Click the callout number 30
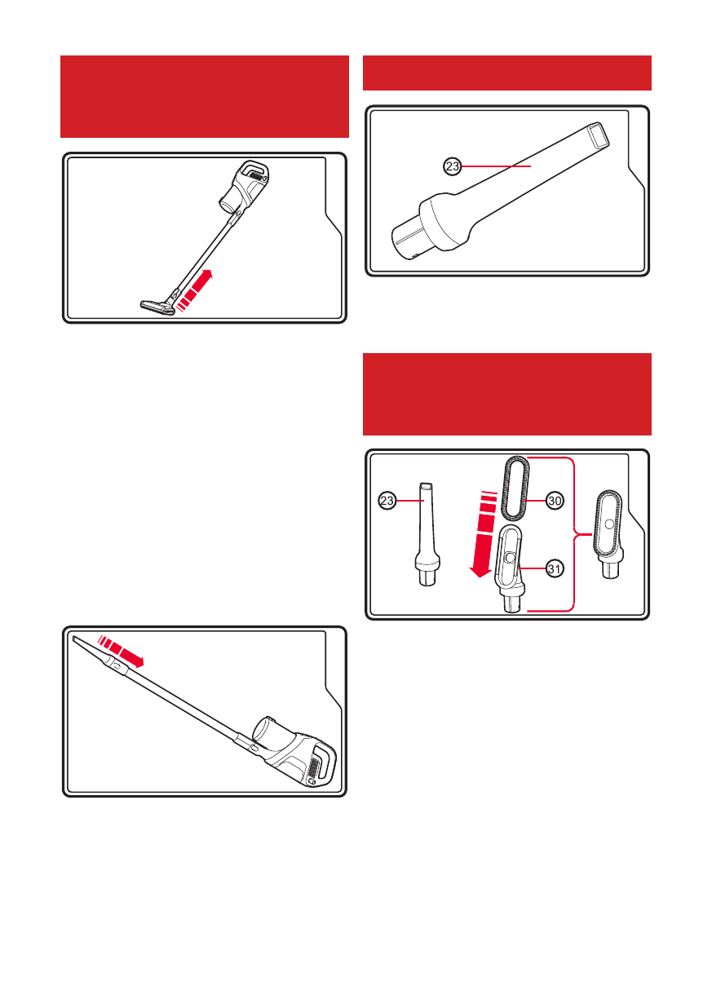pos(555,501)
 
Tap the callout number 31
pos(554,569)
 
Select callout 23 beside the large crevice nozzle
pos(453,167)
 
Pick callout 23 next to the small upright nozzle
pos(387,501)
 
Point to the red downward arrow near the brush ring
pos(483,533)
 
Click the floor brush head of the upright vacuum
pos(157,307)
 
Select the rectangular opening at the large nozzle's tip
pos(597,135)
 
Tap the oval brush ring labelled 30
pos(516,488)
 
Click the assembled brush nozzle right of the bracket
pos(608,534)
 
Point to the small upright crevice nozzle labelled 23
pos(427,534)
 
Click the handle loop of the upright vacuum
pos(255,170)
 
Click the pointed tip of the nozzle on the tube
pos(74,640)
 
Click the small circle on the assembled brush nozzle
pos(609,525)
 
